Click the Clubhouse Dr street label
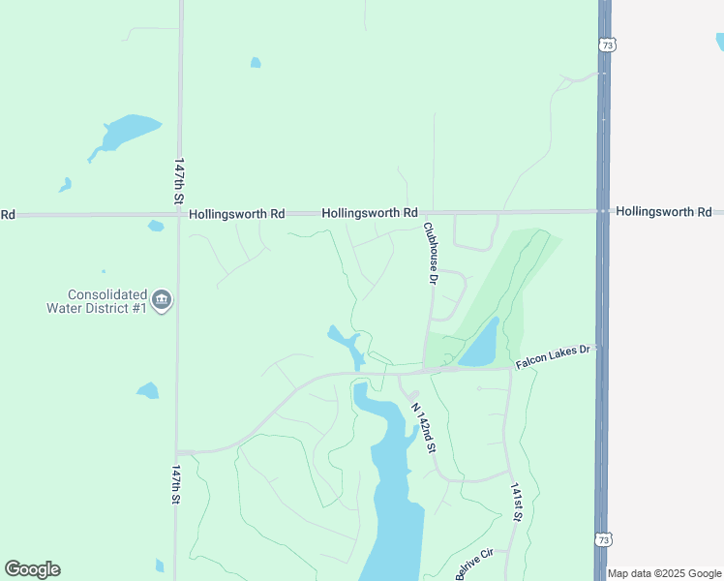click(x=431, y=254)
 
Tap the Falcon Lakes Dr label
click(x=553, y=358)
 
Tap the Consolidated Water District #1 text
click(x=97, y=301)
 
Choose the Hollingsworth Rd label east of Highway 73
click(x=663, y=211)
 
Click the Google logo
click(x=32, y=569)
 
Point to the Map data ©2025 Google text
click(x=665, y=573)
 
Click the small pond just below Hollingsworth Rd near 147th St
click(x=156, y=227)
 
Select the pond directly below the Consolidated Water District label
click(x=147, y=391)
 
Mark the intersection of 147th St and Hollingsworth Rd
click(x=179, y=213)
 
